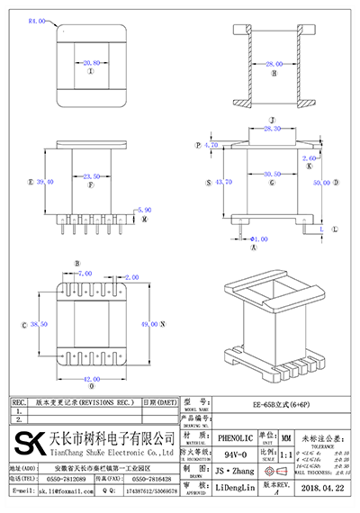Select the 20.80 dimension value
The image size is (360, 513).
(91, 64)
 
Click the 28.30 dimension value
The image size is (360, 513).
(272, 130)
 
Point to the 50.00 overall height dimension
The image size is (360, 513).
(319, 182)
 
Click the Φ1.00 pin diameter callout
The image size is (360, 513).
(258, 239)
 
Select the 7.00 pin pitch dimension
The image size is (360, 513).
(85, 273)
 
